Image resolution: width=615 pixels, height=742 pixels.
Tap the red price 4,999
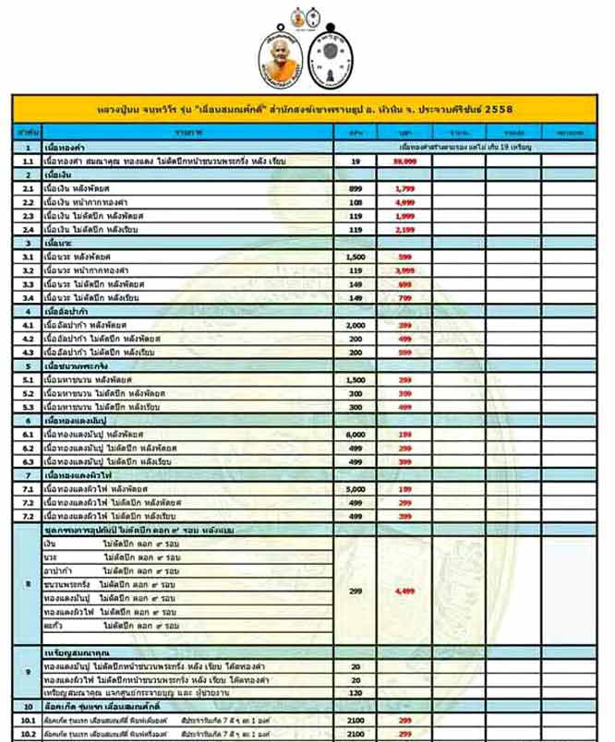[402, 201]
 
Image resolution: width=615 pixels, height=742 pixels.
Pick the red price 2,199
[402, 228]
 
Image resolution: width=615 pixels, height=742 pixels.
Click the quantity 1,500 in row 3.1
[356, 256]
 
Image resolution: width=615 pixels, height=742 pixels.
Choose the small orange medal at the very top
[297, 16]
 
